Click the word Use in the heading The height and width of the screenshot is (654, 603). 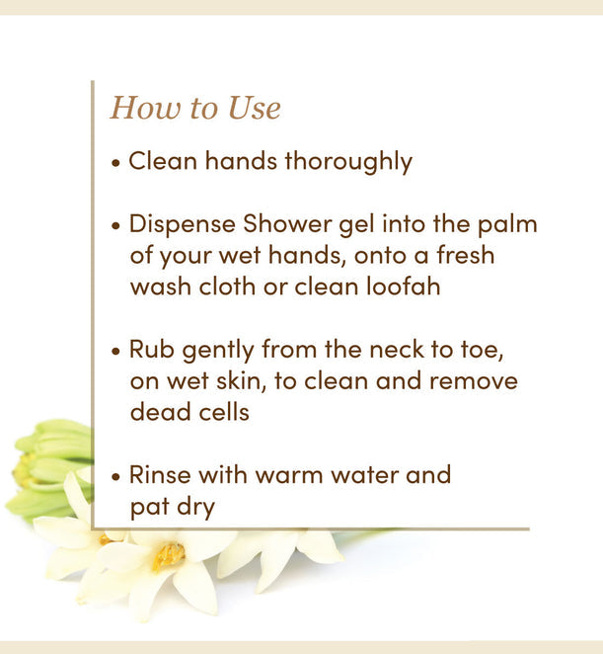tap(255, 109)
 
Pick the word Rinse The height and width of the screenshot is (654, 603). tap(162, 474)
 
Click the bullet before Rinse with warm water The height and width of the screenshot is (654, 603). tap(116, 476)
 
